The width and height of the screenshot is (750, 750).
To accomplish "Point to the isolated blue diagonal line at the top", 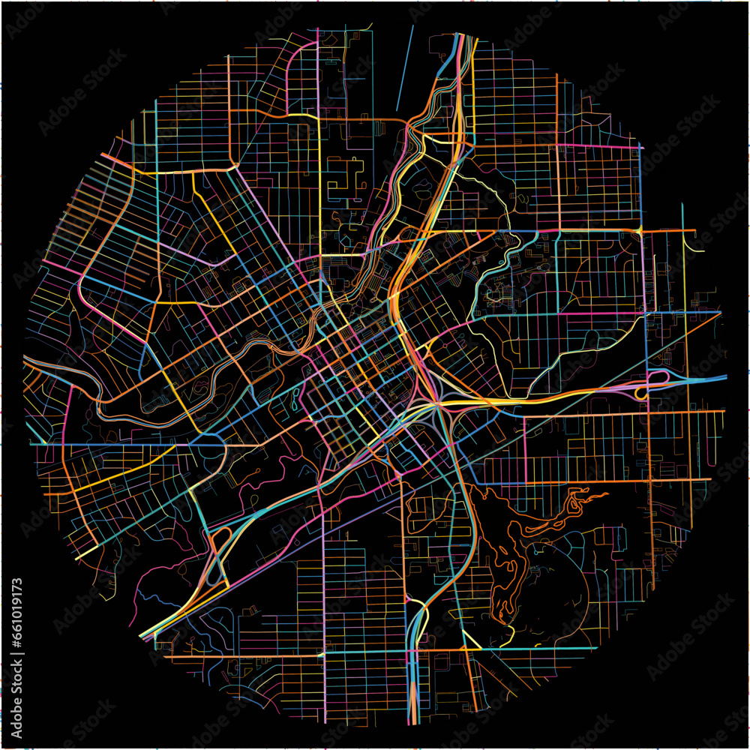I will pyautogui.click(x=405, y=67).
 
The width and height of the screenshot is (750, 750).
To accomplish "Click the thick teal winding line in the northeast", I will pyautogui.click(x=502, y=262).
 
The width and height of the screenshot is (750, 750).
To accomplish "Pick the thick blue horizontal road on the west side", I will pyautogui.click(x=112, y=444).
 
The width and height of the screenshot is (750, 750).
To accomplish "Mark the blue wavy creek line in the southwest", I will pyautogui.click(x=161, y=600).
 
